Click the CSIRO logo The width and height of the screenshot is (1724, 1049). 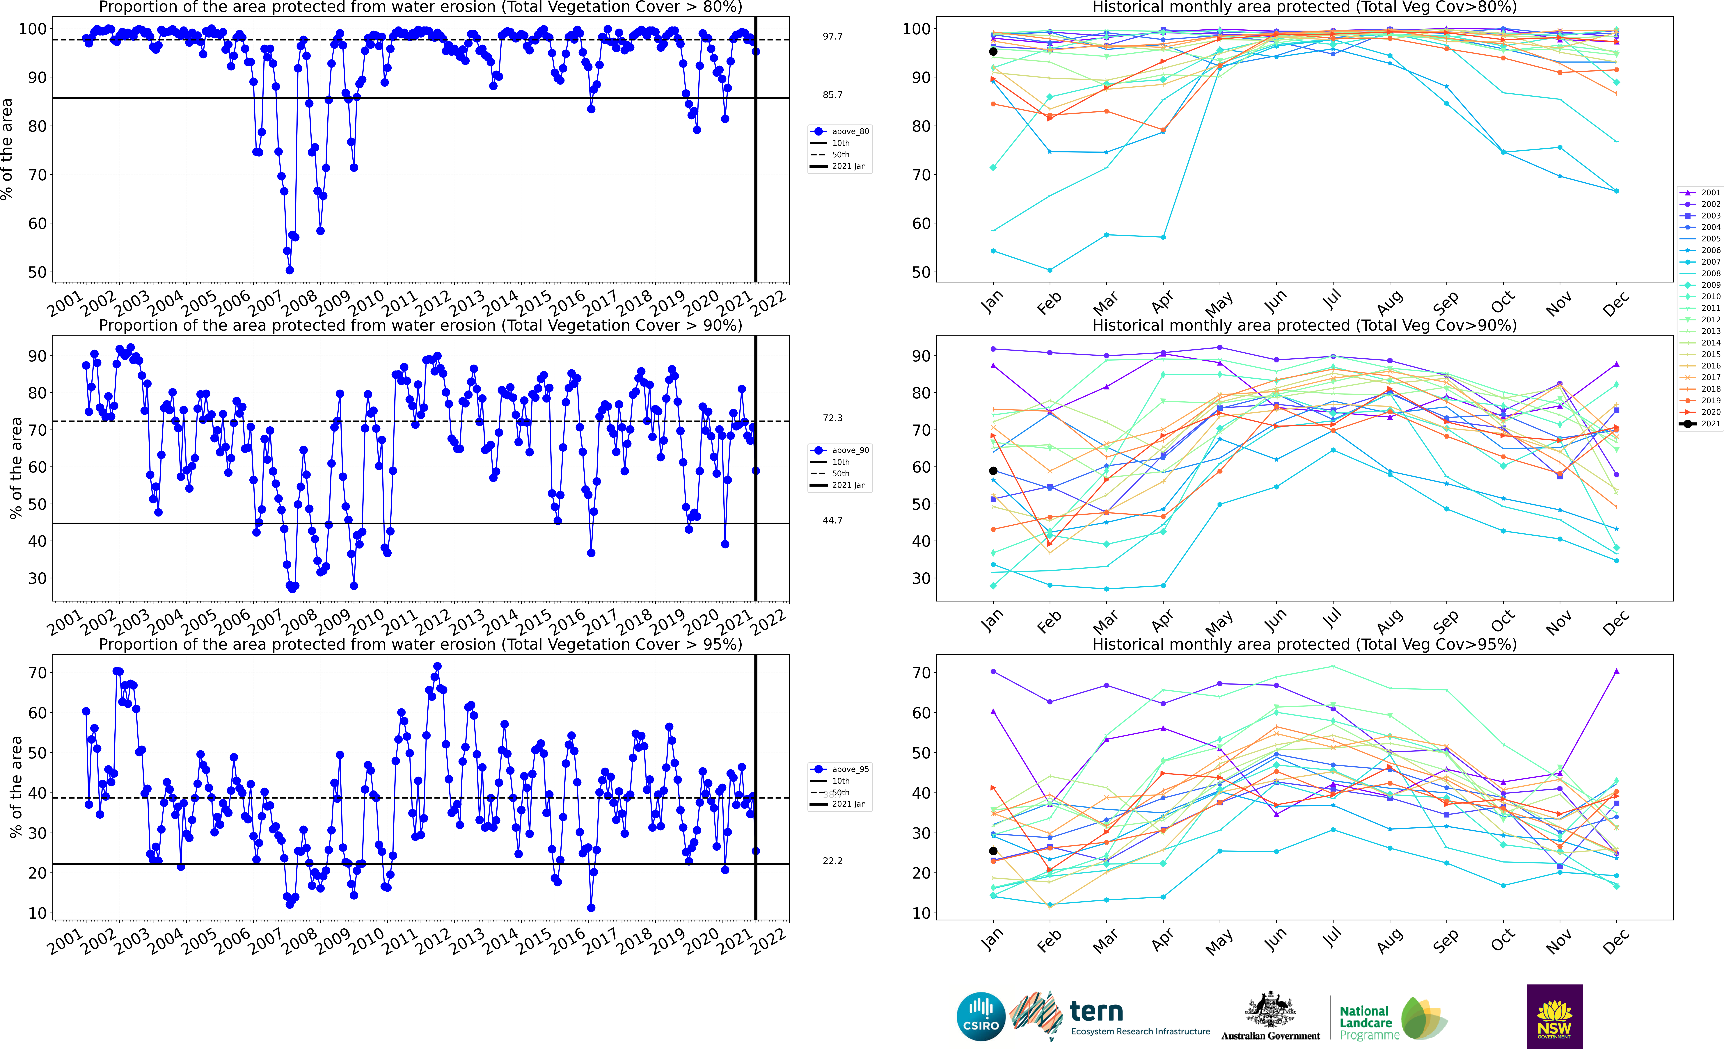point(981,1016)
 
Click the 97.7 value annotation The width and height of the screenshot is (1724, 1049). point(833,36)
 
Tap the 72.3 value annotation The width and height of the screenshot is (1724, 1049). point(833,418)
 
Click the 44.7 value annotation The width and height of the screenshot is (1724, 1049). point(833,520)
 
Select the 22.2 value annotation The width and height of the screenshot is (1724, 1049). point(833,861)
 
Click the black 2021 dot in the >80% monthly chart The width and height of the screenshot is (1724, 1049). point(993,52)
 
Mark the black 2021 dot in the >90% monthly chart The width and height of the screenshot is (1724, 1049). point(993,471)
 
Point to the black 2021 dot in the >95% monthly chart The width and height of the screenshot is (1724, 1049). point(993,851)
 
